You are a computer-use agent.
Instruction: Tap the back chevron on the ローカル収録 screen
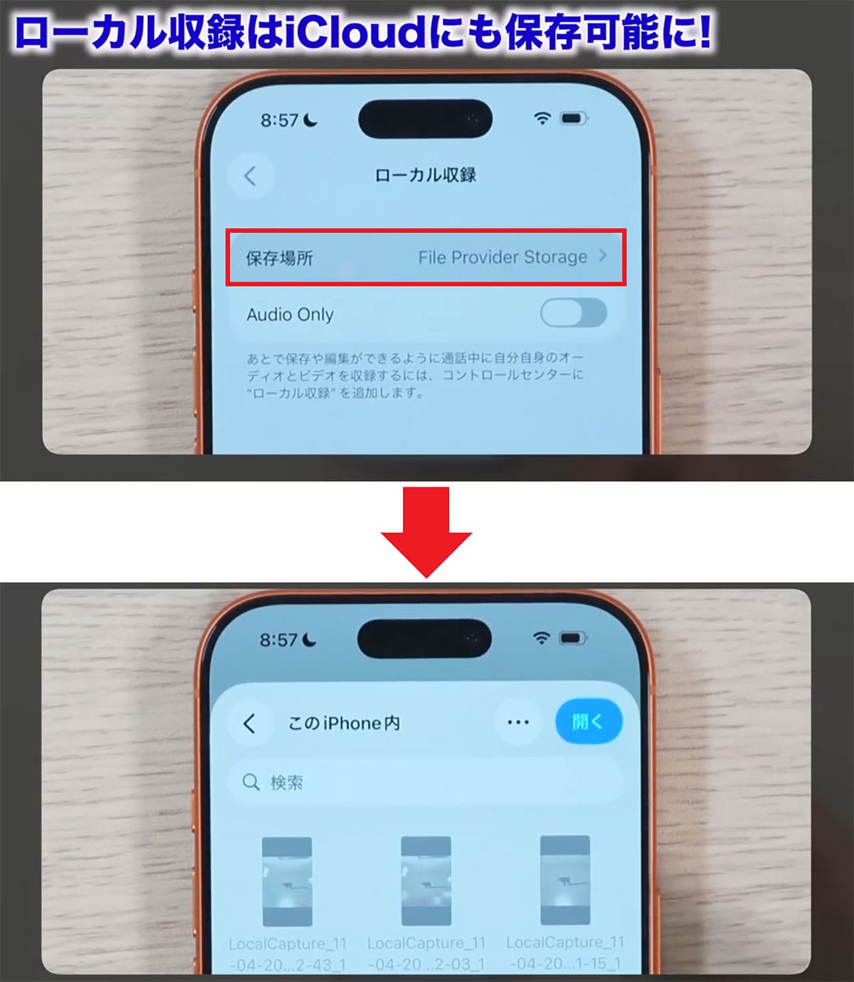click(x=250, y=176)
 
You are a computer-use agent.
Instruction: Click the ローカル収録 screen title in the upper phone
click(x=425, y=175)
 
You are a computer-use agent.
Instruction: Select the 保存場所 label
click(x=279, y=258)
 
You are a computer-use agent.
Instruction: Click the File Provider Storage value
click(x=502, y=257)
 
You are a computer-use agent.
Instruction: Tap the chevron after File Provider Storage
click(x=603, y=256)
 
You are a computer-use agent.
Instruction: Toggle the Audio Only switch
click(x=573, y=313)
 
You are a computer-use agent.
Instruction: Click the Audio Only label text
click(x=290, y=315)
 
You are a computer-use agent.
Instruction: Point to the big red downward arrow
click(x=426, y=531)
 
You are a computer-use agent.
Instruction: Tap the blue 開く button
click(x=588, y=722)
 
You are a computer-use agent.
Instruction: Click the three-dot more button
click(x=517, y=722)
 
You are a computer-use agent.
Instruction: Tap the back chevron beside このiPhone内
click(x=249, y=724)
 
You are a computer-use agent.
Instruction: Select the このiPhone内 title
click(x=344, y=724)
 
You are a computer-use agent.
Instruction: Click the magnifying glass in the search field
click(x=251, y=783)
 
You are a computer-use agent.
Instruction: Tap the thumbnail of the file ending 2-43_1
click(x=287, y=881)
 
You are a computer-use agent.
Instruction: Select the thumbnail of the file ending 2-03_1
click(x=426, y=881)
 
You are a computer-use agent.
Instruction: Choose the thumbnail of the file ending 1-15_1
click(x=565, y=880)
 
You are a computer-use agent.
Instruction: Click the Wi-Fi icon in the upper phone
click(x=542, y=119)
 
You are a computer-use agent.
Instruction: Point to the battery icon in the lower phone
click(x=573, y=638)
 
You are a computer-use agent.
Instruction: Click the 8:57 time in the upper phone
click(x=280, y=120)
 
